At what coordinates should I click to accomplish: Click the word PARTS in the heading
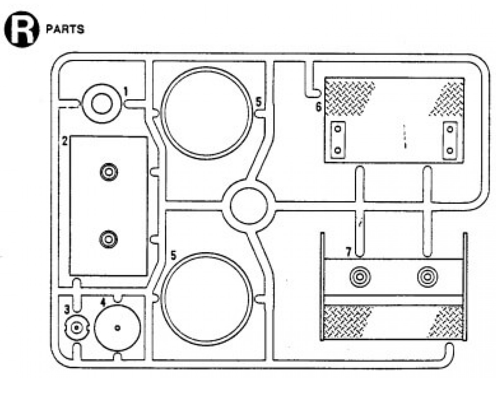65,30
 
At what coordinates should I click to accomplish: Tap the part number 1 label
126,91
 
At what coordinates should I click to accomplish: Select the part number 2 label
65,141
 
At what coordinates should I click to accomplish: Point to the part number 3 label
67,310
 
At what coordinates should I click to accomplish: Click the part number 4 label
103,302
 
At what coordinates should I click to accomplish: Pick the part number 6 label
319,107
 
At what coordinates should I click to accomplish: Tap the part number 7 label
348,252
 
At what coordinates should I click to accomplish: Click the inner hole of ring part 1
102,104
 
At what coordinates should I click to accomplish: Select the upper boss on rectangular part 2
109,173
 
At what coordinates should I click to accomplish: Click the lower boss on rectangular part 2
109,239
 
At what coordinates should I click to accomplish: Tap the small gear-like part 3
76,328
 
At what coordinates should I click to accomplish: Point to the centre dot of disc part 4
118,328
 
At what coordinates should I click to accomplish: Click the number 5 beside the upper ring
258,102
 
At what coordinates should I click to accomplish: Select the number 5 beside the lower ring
174,255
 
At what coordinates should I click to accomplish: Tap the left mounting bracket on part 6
338,140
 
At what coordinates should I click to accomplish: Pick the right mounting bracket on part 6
450,140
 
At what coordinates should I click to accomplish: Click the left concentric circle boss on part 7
360,277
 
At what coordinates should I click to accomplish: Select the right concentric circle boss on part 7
428,277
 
